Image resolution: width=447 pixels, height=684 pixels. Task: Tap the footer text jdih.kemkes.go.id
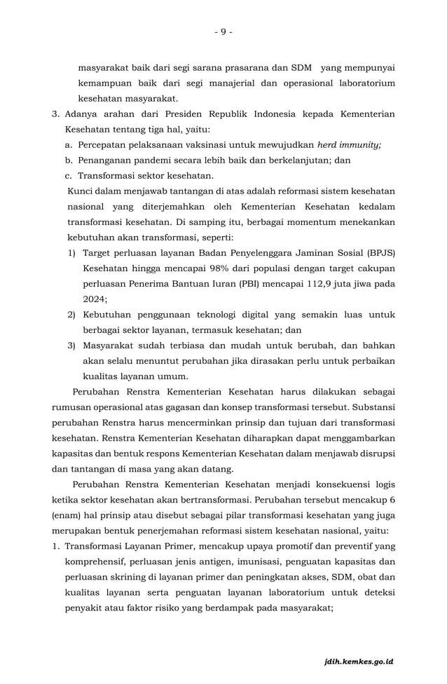click(x=359, y=661)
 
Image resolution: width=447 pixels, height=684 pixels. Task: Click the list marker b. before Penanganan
click(x=69, y=160)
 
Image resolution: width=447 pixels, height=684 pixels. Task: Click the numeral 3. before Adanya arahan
click(x=56, y=114)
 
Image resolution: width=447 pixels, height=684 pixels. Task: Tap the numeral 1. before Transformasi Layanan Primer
click(x=56, y=545)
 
